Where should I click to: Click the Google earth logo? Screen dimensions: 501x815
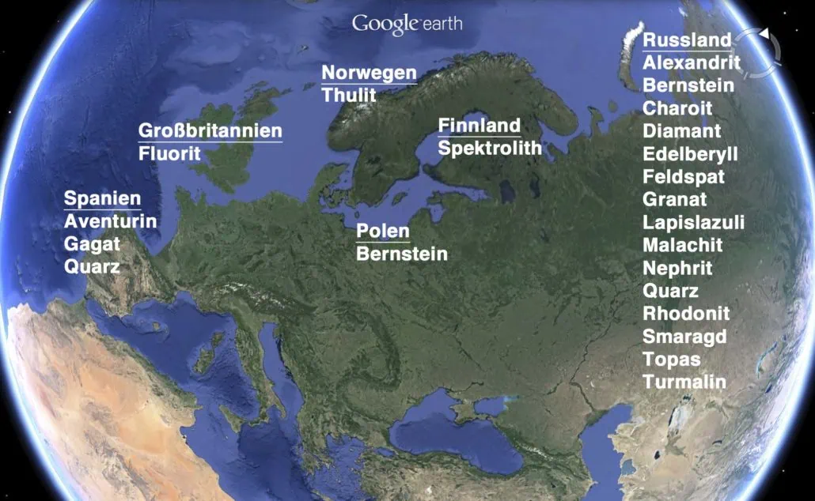407,23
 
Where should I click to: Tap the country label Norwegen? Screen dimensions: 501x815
369,73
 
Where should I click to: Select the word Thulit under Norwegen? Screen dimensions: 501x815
349,95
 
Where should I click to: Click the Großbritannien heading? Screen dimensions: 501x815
210,131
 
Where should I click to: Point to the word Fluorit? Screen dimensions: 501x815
170,153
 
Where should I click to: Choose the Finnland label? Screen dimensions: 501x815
480,126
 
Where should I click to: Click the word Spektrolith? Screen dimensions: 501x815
490,148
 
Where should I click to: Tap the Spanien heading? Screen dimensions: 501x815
103,199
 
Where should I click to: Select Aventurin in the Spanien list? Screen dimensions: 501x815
111,221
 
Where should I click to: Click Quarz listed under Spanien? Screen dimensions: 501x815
93,266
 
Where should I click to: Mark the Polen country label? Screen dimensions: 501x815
383,232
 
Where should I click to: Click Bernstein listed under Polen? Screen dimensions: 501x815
402,254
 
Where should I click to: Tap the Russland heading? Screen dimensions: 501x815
687,40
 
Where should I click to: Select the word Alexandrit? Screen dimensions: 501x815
692,63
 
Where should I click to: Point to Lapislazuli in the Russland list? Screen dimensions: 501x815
693,222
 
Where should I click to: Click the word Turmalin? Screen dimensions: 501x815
684,382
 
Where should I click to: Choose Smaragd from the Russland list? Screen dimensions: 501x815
684,337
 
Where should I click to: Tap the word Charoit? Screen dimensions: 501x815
677,108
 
